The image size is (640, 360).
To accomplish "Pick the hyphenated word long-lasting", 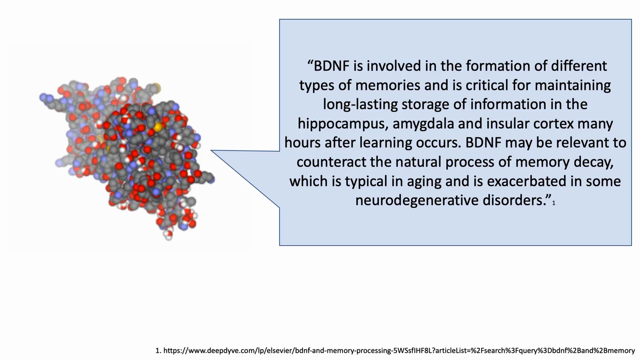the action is (x=360, y=104).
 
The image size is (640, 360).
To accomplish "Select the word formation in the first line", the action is (x=498, y=66).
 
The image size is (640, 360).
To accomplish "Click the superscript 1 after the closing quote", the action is (x=553, y=203).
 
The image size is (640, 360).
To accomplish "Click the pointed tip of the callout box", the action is (x=211, y=150).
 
